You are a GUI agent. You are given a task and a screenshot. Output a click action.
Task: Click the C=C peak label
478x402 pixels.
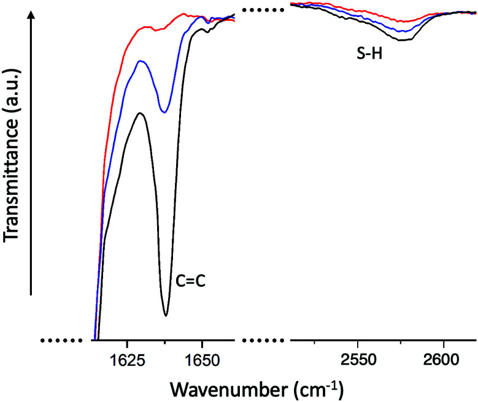(x=190, y=283)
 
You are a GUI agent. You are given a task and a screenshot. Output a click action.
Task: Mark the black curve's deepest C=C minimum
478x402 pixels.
(x=166, y=316)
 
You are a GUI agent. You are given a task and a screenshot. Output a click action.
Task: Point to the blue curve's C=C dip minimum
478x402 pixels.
(x=164, y=112)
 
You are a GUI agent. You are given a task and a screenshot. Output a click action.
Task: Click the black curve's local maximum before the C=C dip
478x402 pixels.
(x=141, y=113)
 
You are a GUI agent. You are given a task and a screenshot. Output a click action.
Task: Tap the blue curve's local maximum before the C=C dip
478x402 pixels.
(x=141, y=61)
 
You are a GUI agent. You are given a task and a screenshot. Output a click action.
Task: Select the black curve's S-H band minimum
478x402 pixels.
(x=402, y=40)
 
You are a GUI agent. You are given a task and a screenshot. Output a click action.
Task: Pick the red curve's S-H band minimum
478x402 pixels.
(x=403, y=22)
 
